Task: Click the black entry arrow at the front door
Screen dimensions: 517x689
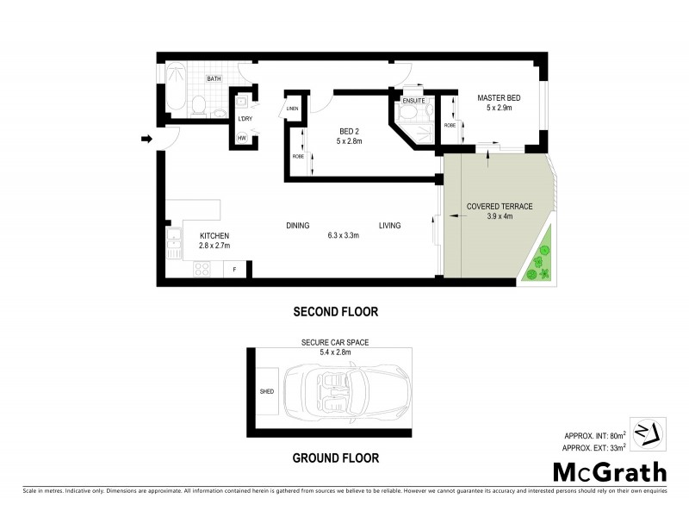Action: pos(146,138)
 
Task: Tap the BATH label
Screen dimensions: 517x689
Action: pos(213,79)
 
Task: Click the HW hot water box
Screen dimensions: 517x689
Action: pos(242,139)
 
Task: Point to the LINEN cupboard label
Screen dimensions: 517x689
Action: pos(293,108)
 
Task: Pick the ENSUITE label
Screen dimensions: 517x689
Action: pos(413,100)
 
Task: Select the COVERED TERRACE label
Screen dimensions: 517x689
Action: pos(500,207)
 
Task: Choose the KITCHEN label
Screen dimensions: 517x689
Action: pos(214,235)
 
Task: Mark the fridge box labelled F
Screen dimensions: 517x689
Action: pos(234,270)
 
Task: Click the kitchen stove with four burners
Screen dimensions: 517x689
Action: pos(203,270)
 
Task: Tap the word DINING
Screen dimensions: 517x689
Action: pos(298,226)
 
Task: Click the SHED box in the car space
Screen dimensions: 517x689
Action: pos(267,390)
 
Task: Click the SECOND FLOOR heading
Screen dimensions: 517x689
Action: pos(336,311)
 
